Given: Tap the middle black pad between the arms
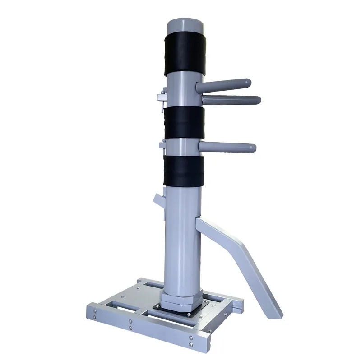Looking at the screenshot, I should tap(184, 123).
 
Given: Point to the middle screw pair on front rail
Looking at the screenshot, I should tap(130, 326).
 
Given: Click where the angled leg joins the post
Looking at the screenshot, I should tap(203, 221).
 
